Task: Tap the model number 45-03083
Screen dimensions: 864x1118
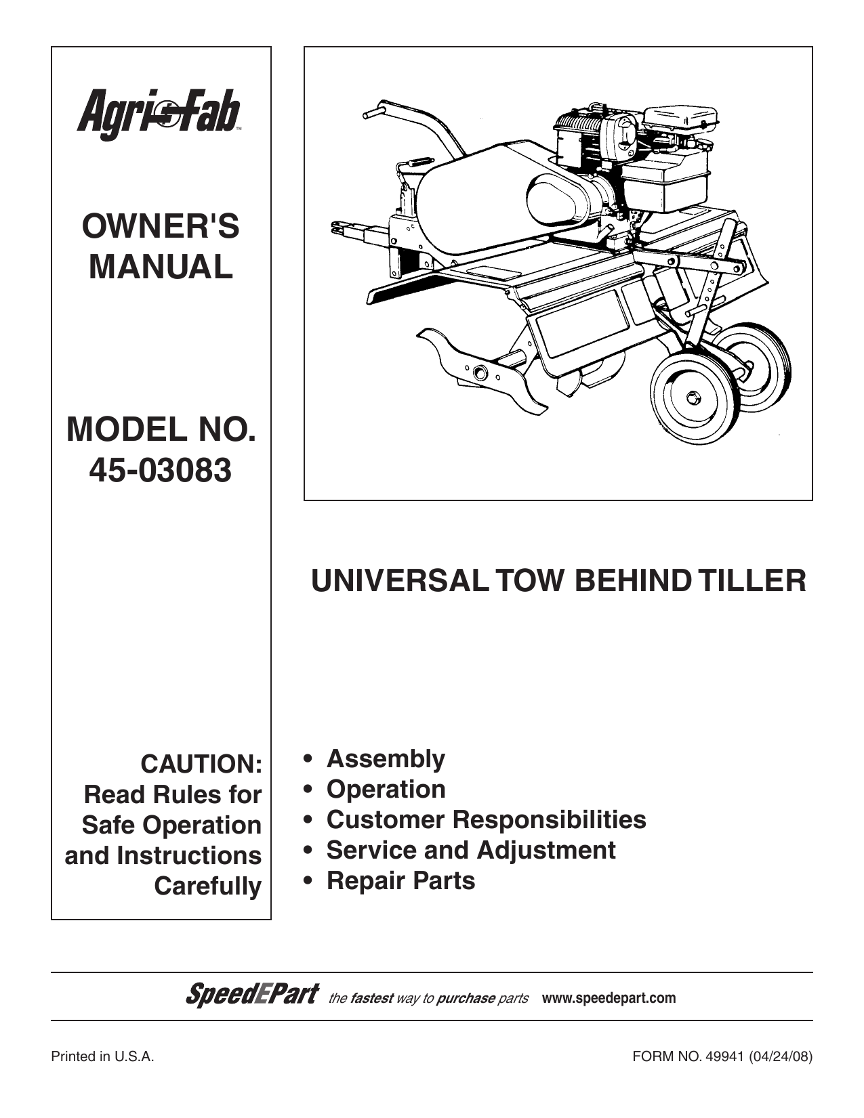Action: click(x=160, y=471)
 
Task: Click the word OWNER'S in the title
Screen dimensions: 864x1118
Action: click(x=161, y=226)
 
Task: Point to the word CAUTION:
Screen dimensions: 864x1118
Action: click(x=201, y=764)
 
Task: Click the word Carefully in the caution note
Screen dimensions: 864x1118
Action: click(x=208, y=886)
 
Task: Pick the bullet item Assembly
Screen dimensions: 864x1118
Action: click(x=386, y=759)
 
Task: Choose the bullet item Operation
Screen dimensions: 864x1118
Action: click(x=386, y=790)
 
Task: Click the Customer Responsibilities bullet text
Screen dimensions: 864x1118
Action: click(x=486, y=819)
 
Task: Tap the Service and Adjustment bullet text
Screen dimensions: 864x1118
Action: click(x=471, y=850)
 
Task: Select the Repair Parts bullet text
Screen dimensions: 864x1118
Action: click(x=400, y=880)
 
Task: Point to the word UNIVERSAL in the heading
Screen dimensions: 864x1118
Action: click(x=400, y=581)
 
